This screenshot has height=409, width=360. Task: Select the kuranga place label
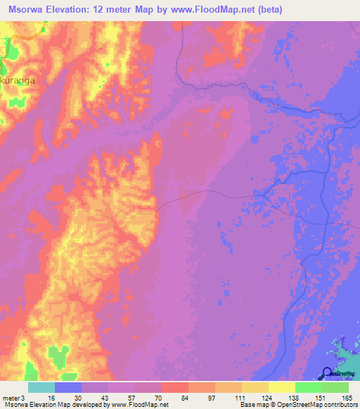pyautogui.click(x=19, y=80)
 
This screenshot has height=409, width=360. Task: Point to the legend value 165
pyautogui.click(x=345, y=398)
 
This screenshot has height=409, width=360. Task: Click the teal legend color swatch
pyautogui.click(x=41, y=387)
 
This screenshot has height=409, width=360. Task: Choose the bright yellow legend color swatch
pyautogui.click(x=282, y=387)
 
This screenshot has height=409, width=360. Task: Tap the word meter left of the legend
pyautogui.click(x=11, y=398)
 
